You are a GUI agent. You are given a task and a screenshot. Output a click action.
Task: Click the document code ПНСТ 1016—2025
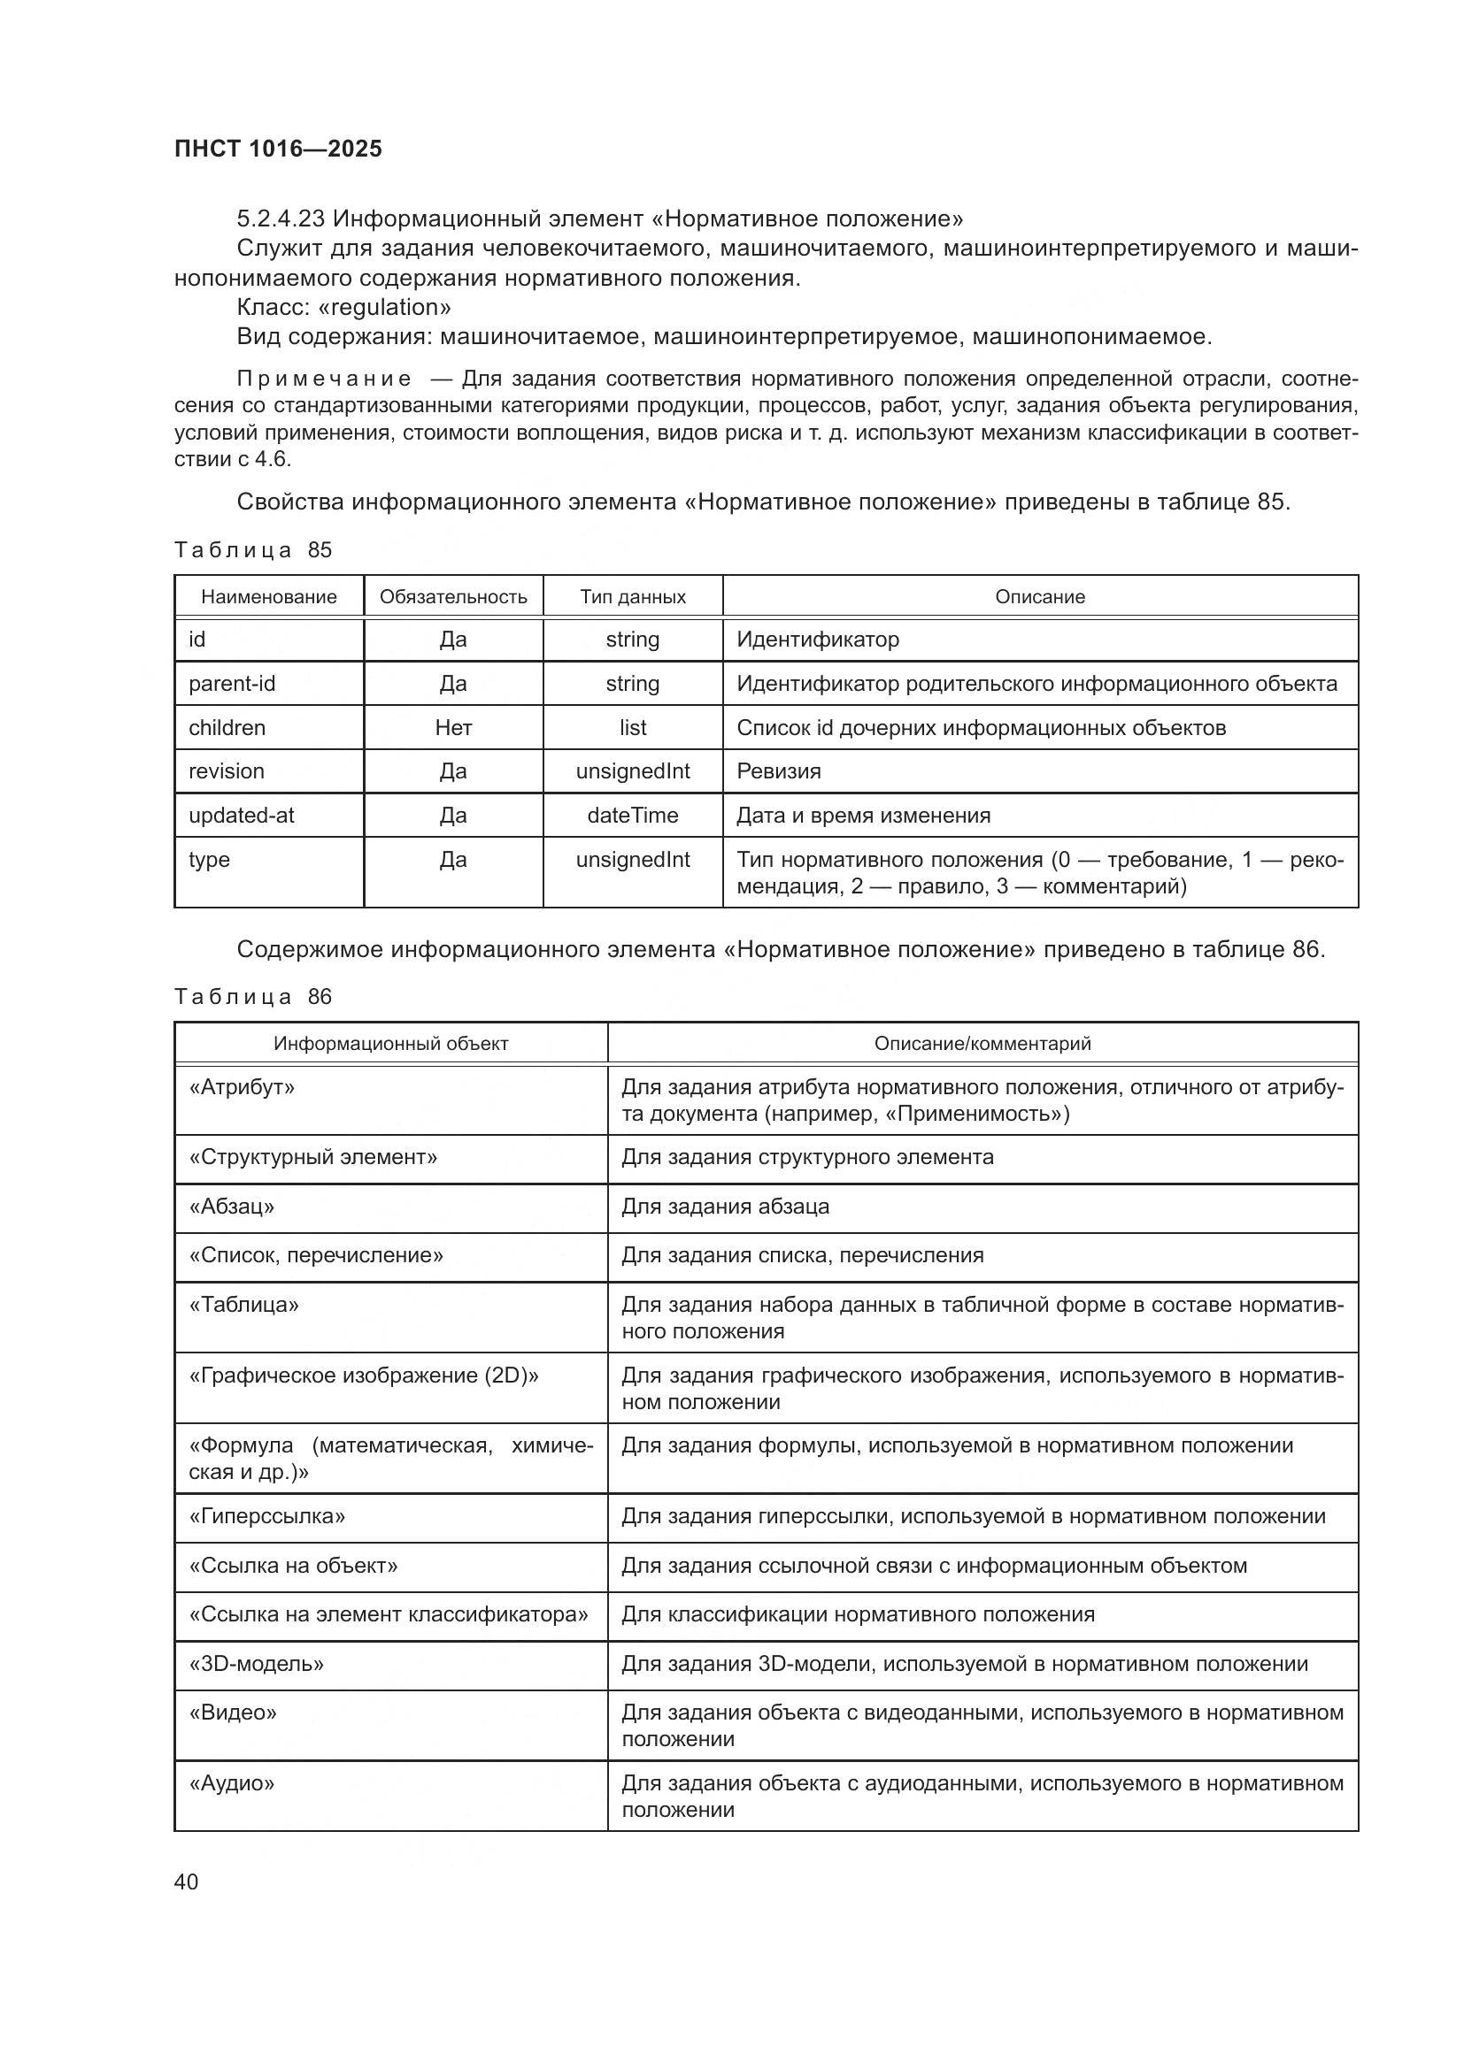[x=278, y=149]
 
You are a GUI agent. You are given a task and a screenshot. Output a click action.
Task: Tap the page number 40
[x=186, y=1881]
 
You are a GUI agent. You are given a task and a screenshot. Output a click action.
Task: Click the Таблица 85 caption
[x=253, y=549]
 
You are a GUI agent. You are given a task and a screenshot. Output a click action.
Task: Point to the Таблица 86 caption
[x=253, y=997]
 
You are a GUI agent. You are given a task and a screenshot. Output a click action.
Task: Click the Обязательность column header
[x=452, y=596]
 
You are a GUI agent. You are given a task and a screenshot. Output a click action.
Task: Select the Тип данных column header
[x=632, y=596]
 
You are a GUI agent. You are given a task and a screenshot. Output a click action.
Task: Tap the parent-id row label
[x=232, y=683]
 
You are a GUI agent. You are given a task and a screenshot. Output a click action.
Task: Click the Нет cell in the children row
[x=452, y=727]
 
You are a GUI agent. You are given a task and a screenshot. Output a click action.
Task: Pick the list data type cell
[x=632, y=727]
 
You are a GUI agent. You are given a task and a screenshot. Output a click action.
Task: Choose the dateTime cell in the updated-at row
[x=632, y=816]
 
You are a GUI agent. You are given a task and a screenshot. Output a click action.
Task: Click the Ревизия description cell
[x=779, y=771]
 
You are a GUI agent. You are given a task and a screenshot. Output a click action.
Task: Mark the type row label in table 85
[x=209, y=860]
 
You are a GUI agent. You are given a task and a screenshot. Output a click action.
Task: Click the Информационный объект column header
[x=390, y=1044]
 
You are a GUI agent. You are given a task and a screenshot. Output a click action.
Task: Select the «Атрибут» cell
[x=242, y=1088]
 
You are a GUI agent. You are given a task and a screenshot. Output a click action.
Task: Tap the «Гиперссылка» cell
[x=266, y=1516]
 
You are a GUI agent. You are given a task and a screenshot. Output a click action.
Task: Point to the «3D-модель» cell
[x=256, y=1664]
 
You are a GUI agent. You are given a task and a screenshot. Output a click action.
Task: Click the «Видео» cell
[x=233, y=1713]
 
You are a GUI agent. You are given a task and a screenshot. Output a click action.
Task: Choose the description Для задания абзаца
[x=725, y=1207]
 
